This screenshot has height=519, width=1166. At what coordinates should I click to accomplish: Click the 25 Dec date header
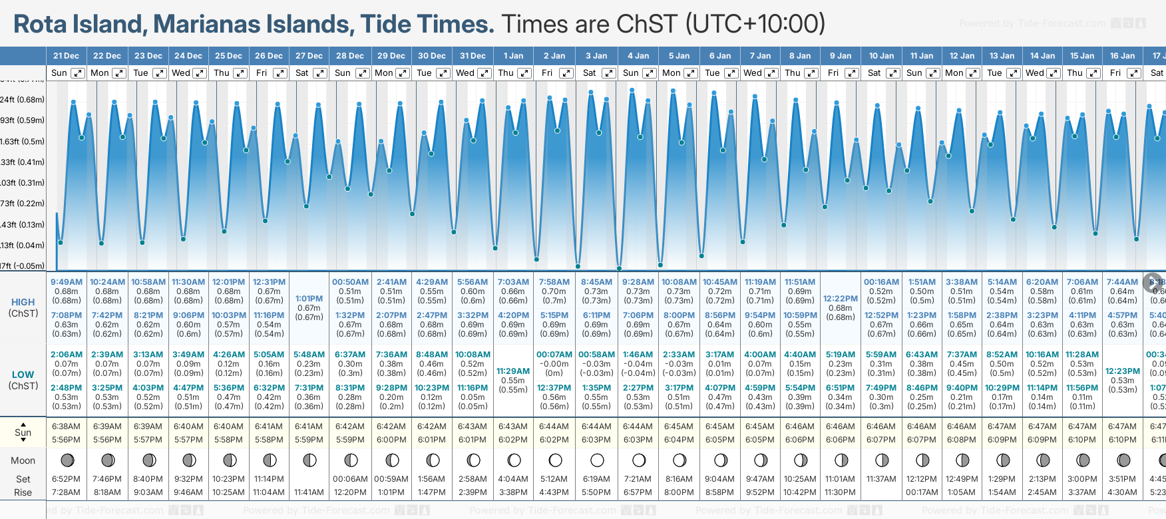coord(228,56)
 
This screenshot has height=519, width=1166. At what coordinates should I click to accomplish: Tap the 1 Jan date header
coord(513,56)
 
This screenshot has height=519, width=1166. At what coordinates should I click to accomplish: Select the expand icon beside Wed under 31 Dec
coord(485,73)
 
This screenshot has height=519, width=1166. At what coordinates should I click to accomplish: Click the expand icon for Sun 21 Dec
coord(78,73)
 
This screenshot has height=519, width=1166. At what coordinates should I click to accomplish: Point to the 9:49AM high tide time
coord(67,282)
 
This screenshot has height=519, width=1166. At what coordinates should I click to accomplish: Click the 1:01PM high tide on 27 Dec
coord(309,299)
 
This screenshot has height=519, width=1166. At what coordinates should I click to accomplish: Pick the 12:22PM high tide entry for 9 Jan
coord(841,299)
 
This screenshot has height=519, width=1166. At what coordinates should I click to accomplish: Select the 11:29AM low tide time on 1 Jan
coord(513,371)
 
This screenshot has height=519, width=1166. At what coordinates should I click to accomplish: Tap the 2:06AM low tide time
coord(67,355)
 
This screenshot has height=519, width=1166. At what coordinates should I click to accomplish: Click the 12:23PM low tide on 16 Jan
coord(1123,371)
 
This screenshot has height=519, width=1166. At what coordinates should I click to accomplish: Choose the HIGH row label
coord(23,302)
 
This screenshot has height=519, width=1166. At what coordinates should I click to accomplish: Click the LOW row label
coord(23,375)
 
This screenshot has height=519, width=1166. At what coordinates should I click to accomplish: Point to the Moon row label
coord(23,460)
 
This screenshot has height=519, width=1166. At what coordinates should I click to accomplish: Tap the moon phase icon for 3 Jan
coord(597,460)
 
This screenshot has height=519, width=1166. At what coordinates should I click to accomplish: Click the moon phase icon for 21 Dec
coord(67,460)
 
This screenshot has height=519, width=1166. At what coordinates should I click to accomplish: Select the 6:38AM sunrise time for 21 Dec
coord(66,427)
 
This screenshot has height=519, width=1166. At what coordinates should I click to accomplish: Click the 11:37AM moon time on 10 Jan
coord(881,479)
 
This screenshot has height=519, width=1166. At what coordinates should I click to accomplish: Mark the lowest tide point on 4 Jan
coord(619,268)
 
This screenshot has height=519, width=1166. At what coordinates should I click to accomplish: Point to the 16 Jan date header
coord(1122,56)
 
